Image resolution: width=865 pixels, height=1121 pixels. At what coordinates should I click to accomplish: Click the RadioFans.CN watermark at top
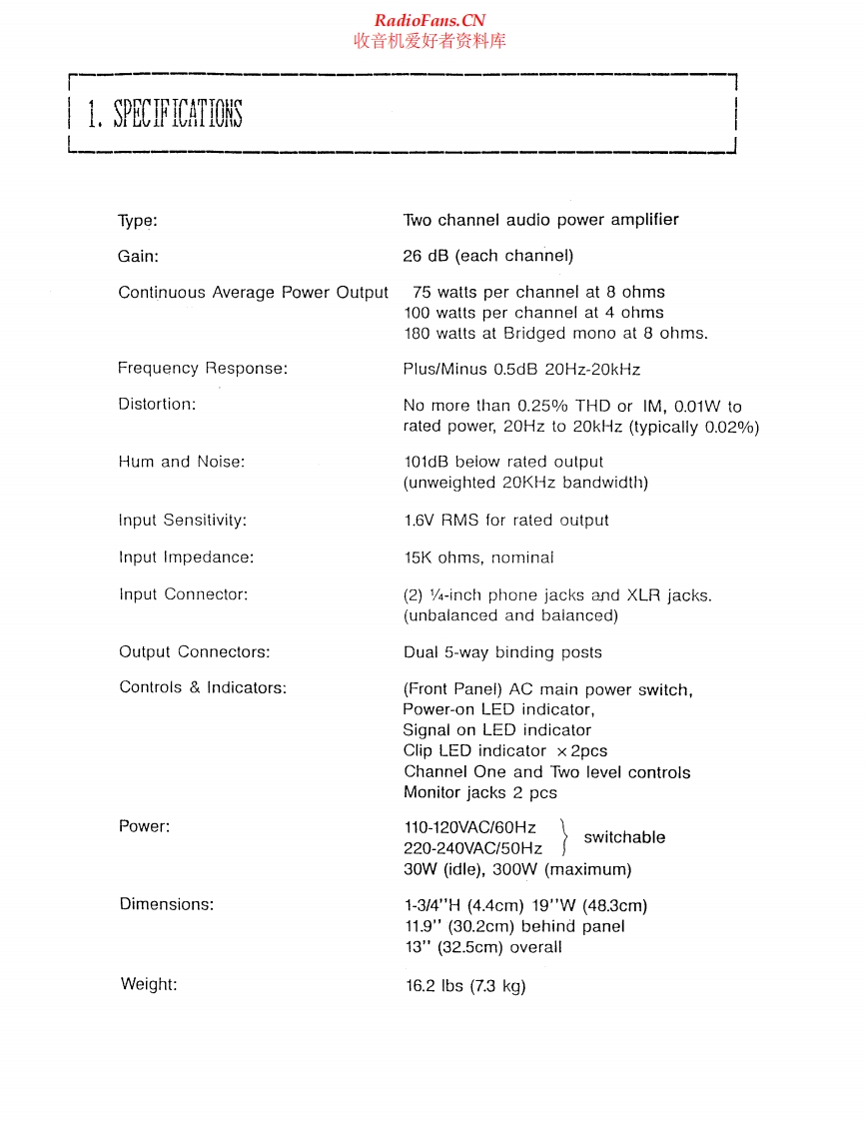pos(430,21)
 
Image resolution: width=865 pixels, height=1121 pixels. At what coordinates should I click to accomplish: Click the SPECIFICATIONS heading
pos(165,115)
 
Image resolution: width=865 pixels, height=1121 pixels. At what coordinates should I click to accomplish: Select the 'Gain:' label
pos(138,256)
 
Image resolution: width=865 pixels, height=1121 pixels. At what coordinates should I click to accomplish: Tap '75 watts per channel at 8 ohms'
pos(538,292)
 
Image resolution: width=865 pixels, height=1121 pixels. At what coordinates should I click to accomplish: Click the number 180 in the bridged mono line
pos(419,334)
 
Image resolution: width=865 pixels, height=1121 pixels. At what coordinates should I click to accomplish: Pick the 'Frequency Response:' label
pos(203,368)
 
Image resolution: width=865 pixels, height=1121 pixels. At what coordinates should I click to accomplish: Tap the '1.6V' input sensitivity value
pos(421,520)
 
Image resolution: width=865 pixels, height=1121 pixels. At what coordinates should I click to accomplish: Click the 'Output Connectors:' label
pos(194,651)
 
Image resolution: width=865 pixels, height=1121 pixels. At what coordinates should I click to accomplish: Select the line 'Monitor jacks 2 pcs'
pos(480,792)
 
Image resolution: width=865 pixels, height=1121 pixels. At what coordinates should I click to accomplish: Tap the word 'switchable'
pos(624,837)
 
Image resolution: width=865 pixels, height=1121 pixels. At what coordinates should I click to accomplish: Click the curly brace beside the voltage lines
pos(564,837)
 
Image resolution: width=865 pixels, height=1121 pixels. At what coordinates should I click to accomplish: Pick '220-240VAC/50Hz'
pos(472,848)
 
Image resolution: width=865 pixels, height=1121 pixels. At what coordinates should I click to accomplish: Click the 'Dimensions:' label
pos(166,904)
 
